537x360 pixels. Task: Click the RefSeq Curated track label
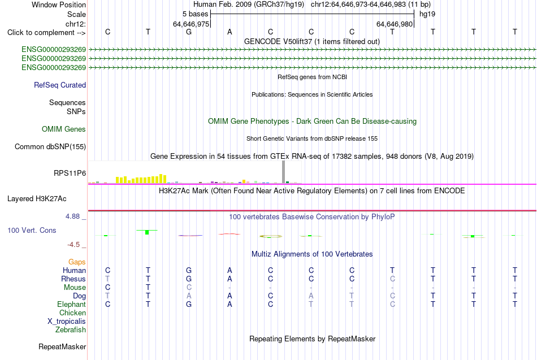coord(60,85)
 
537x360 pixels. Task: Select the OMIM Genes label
coord(64,129)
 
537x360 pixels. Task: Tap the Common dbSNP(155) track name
coord(50,146)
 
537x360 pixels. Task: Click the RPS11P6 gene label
coord(70,174)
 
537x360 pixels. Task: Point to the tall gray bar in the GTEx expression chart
coord(284,172)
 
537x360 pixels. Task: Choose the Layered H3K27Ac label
coord(37,199)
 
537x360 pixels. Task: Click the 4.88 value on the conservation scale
coord(72,216)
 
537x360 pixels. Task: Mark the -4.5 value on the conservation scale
coord(73,245)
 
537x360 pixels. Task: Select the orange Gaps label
coord(77,262)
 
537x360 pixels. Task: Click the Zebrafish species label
coord(71,330)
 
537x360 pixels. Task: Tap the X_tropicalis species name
coord(67,322)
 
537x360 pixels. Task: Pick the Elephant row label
coord(72,304)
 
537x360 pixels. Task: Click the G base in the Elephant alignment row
coord(189,304)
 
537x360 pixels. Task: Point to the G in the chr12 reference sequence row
coord(189,32)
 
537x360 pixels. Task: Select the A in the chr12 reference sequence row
coord(229,32)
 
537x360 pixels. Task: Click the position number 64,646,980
coord(395,24)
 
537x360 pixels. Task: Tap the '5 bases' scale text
coord(195,14)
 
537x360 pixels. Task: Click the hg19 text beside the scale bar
coord(427,14)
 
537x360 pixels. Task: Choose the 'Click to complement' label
coord(46,33)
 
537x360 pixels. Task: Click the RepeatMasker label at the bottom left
coord(62,346)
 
